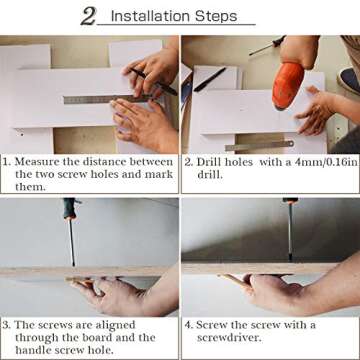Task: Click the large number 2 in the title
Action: (88, 16)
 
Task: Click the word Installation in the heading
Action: (150, 16)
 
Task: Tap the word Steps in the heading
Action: (216, 17)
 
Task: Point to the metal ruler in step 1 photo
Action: (107, 99)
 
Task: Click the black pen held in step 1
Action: (154, 82)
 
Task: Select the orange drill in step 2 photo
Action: (287, 85)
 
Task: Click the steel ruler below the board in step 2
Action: (259, 146)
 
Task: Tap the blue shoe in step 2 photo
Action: (349, 80)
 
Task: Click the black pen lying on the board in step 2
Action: (210, 79)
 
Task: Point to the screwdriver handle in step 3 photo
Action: (70, 209)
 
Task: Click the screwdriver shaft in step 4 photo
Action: (290, 229)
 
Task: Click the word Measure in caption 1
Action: (37, 162)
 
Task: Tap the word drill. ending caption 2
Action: (210, 175)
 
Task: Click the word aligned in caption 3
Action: (115, 326)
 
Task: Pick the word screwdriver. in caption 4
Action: (229, 338)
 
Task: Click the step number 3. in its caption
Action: (6, 325)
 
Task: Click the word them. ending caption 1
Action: (30, 187)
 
